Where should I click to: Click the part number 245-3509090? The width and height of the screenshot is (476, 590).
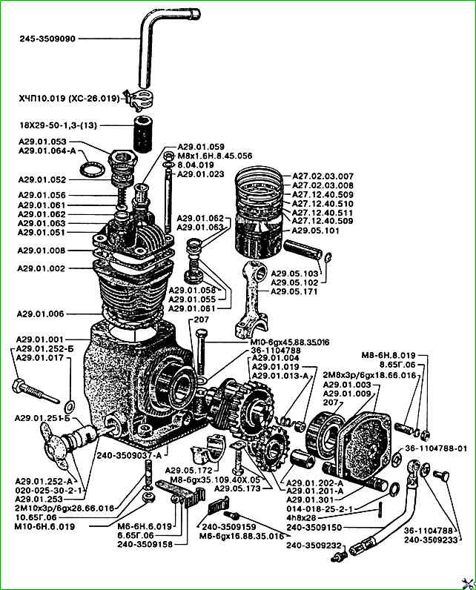point(49,38)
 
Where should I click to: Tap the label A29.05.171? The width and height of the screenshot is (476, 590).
point(294,291)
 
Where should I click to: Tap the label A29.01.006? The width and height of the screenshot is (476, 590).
point(42,313)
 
